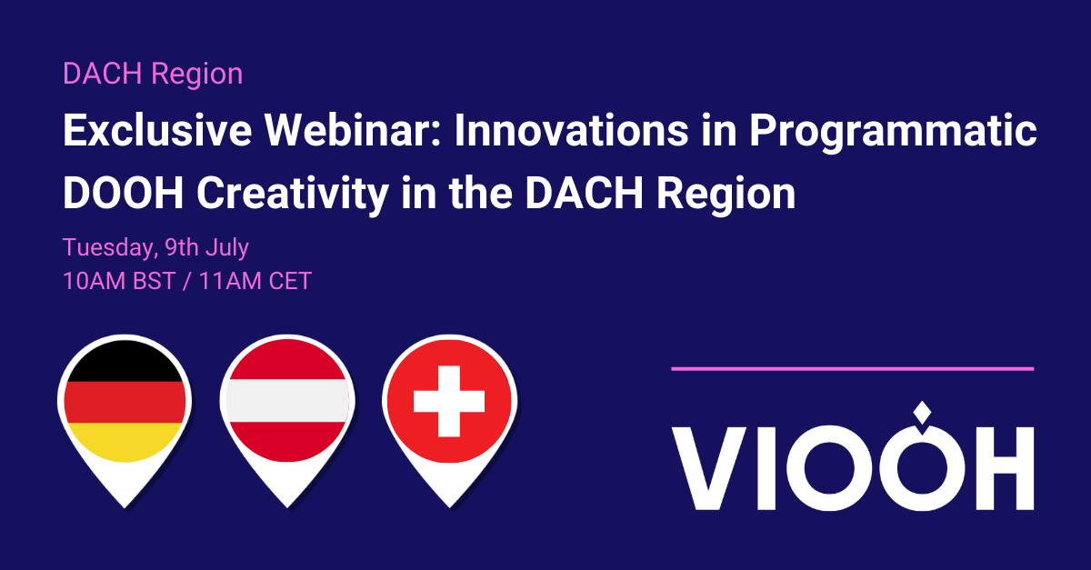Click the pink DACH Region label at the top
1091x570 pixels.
coord(153,74)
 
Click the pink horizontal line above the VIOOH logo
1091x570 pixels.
coord(852,368)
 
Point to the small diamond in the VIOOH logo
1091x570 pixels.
coord(922,412)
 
